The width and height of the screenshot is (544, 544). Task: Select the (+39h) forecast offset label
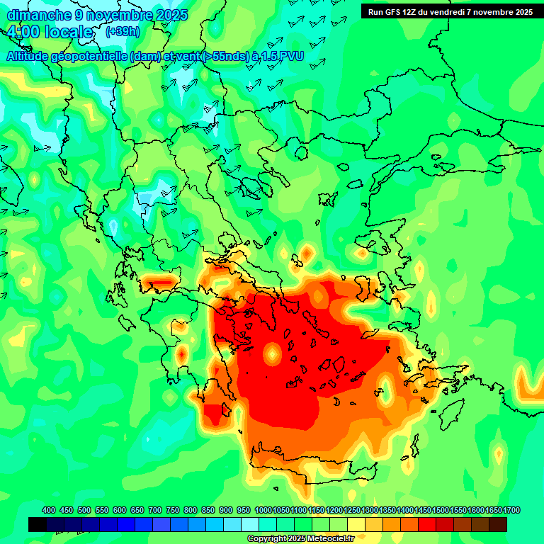tap(123, 32)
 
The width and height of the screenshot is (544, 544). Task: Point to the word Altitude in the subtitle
tap(31, 56)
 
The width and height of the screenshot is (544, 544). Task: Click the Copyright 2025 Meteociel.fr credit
tap(310, 539)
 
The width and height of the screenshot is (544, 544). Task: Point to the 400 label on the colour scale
tap(49, 511)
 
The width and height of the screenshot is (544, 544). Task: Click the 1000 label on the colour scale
tap(263, 511)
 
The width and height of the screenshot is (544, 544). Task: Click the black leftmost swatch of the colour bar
tap(38, 524)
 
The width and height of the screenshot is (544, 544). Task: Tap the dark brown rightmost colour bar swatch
tap(498, 524)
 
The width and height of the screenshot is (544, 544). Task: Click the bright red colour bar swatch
tap(427, 524)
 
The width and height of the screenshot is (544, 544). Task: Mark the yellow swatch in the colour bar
tap(356, 524)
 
